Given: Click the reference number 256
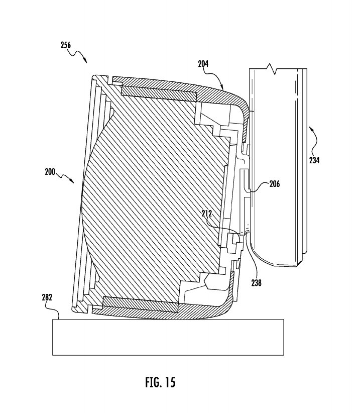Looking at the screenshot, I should click(65, 45).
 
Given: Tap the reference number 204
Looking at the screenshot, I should click(203, 64).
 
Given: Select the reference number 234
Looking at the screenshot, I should click(314, 161).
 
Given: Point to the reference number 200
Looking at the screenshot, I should click(50, 171).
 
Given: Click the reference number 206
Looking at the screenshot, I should click(274, 184).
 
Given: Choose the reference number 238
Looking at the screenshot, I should click(256, 283).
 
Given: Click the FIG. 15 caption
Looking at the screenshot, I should click(160, 382).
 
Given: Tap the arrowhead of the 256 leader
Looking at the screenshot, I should click(87, 63).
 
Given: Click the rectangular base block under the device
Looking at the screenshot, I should click(168, 337).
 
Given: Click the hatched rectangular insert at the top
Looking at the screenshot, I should click(158, 92).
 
